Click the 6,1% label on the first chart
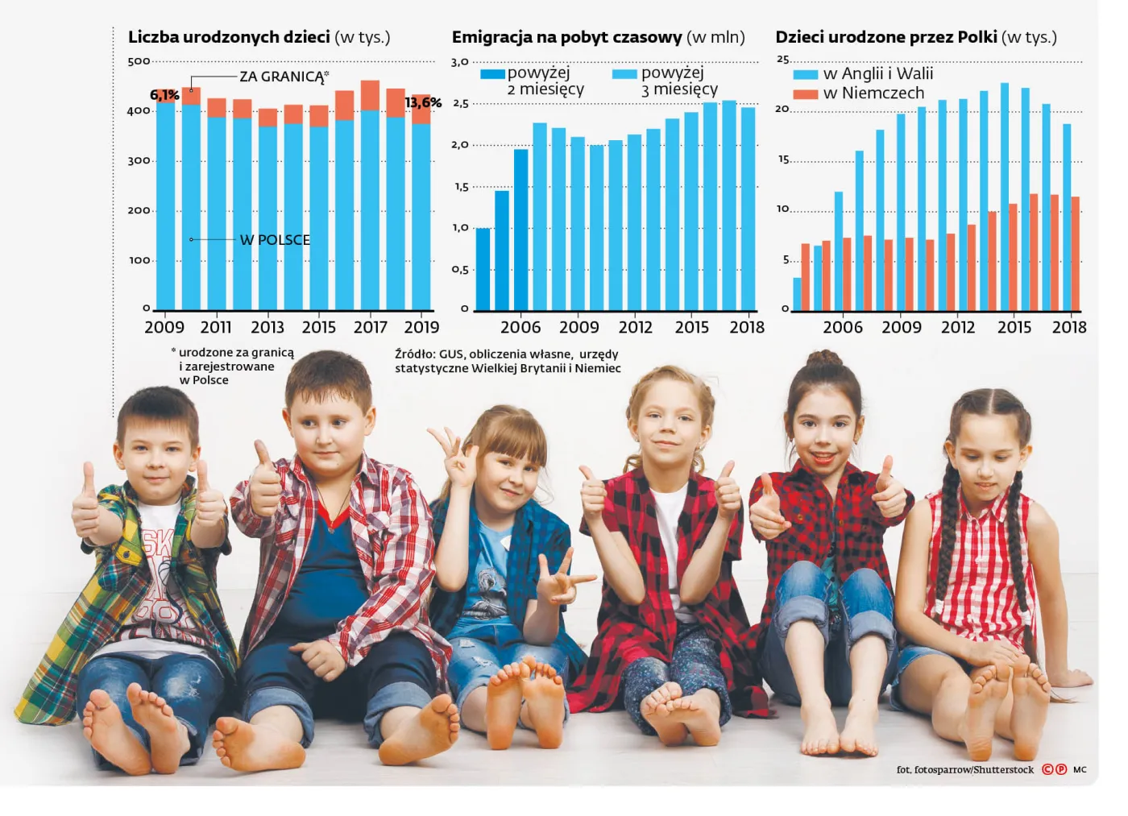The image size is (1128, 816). (x=164, y=95)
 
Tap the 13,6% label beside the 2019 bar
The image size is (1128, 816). (x=423, y=102)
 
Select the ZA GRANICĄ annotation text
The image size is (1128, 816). (x=282, y=77)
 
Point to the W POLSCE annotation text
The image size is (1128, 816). (x=275, y=240)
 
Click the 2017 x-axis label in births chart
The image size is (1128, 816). (x=370, y=327)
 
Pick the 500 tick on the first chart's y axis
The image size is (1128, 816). (x=139, y=61)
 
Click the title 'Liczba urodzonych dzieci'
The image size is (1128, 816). (x=229, y=37)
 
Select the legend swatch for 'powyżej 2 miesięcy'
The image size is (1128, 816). (x=492, y=74)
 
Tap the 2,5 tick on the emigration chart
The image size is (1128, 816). (x=460, y=104)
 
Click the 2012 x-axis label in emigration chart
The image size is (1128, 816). (x=635, y=327)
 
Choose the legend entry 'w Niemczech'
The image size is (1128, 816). (x=873, y=93)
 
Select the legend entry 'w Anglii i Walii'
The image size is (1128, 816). (x=877, y=74)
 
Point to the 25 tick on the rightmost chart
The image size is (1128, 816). (x=782, y=60)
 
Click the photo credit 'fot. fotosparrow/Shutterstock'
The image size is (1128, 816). (x=964, y=769)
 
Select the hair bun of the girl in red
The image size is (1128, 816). (x=824, y=358)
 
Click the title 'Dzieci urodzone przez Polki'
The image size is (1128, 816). (x=885, y=37)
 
